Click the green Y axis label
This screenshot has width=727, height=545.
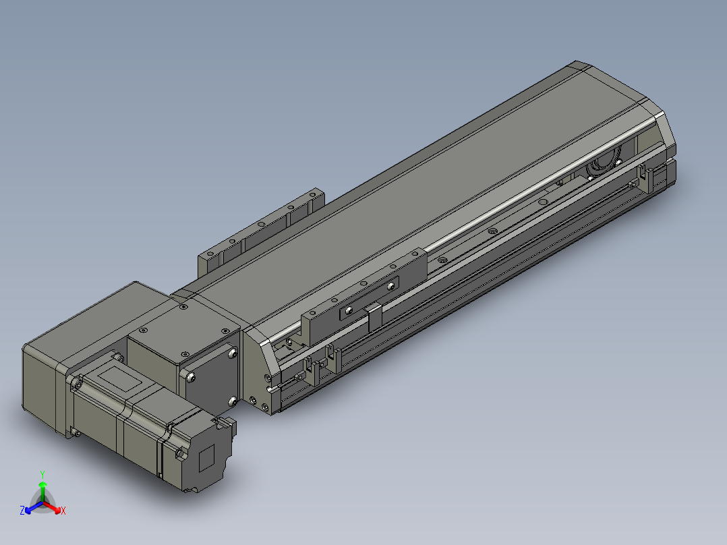pos(42,474)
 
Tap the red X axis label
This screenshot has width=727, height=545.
pos(63,511)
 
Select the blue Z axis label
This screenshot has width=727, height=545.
pos(22,511)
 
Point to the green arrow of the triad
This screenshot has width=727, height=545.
pos(42,491)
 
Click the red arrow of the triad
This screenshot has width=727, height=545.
pos(52,507)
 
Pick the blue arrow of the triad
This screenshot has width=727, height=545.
pos(34,507)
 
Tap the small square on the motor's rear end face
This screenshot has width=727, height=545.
pos(206,458)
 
